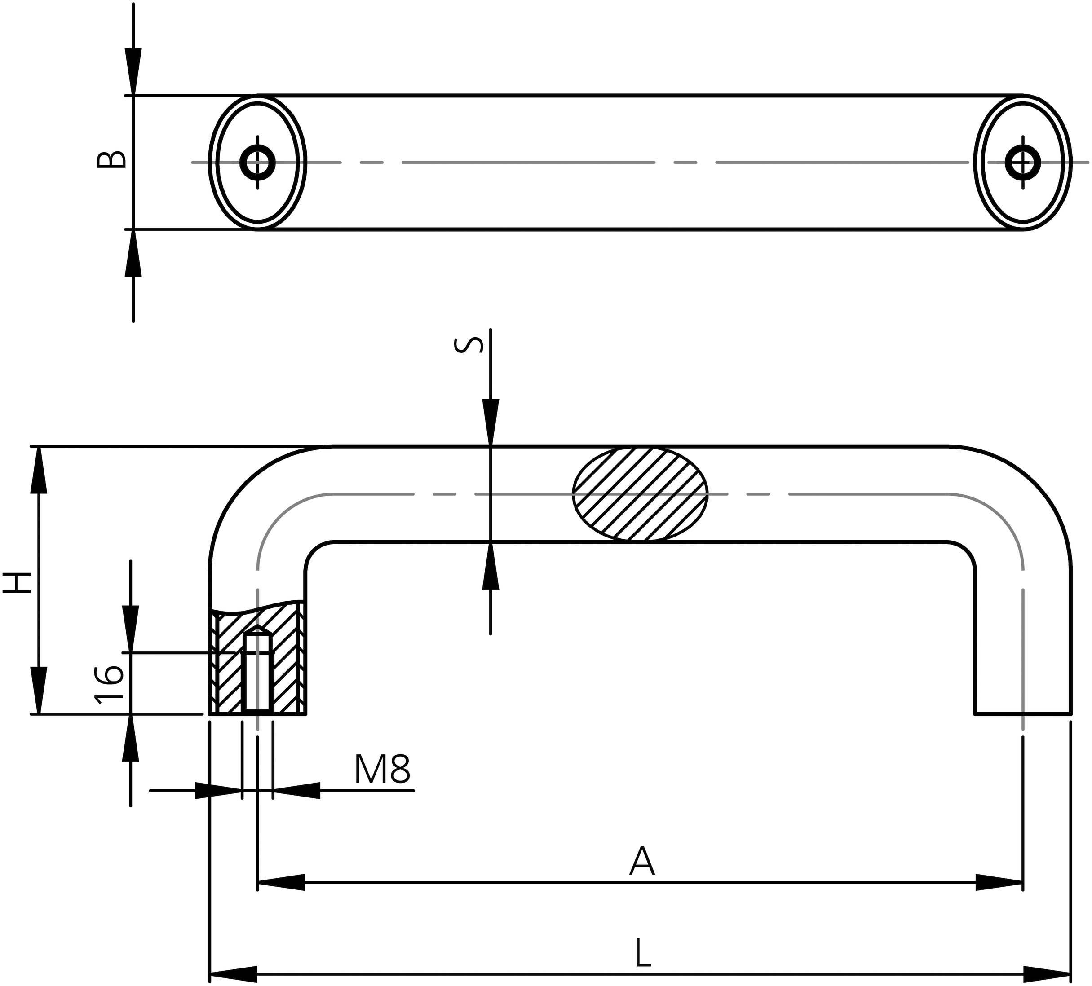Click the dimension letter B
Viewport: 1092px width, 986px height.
[x=111, y=159]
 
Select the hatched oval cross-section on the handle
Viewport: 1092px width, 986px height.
[x=640, y=494]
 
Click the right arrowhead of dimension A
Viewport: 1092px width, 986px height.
[x=1000, y=883]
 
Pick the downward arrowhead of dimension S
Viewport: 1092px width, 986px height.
[x=491, y=423]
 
